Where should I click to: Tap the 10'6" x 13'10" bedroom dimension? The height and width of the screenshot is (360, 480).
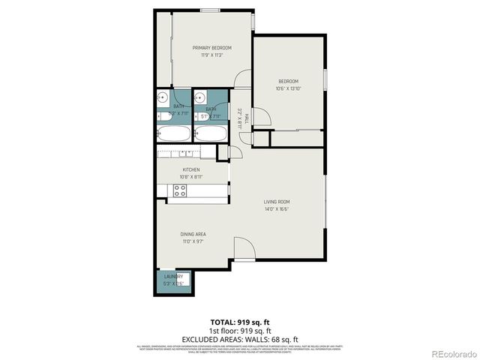tap(289, 88)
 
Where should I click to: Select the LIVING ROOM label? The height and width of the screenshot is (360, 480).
tap(277, 202)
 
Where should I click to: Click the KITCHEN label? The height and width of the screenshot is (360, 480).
tap(191, 169)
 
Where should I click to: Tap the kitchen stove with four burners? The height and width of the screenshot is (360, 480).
tap(180, 190)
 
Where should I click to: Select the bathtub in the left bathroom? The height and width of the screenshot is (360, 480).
tap(174, 134)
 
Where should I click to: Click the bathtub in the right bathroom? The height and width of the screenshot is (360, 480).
tap(210, 134)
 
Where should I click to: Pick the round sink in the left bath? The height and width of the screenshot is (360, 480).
tap(162, 97)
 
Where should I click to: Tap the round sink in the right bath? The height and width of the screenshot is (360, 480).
tap(199, 97)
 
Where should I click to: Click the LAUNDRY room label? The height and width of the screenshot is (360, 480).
tap(173, 276)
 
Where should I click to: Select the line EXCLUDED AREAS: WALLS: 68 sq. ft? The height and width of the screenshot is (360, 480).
tap(239, 338)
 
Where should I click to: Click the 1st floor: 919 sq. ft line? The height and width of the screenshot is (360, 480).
tap(239, 331)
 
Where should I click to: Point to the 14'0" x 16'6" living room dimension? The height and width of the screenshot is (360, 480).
tap(277, 209)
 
